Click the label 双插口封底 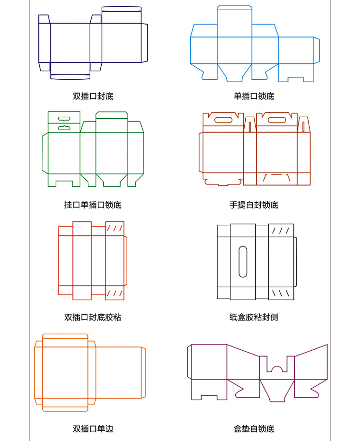[x=93, y=96]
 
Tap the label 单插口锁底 [x=254, y=96]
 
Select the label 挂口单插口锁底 [x=93, y=205]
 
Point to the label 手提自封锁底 [x=254, y=205]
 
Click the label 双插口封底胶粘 [x=93, y=317]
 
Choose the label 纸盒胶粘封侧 [x=254, y=317]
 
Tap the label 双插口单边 [x=93, y=429]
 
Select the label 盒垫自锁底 [x=254, y=429]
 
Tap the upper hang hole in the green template [x=64, y=119]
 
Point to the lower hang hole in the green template [x=64, y=128]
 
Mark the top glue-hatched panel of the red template [x=115, y=229]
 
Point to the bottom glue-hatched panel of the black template [x=281, y=294]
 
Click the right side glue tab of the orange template [x=144, y=373]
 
